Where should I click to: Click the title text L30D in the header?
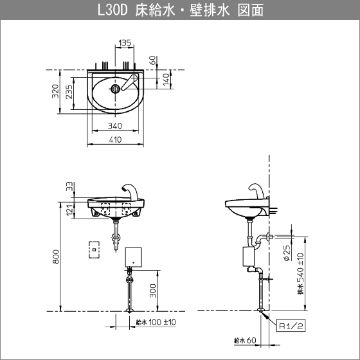pos(113,10)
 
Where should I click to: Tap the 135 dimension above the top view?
pos(125,42)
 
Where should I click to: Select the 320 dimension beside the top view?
pos(55,91)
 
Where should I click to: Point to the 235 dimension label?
pos(69,92)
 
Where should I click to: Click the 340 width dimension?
pos(115,126)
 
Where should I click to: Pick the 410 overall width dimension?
pos(115,139)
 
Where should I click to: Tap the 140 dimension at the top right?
pos(166,80)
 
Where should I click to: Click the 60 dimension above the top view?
pos(153,60)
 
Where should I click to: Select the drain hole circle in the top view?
pos(115,89)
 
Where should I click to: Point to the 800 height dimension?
pos(57,256)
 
